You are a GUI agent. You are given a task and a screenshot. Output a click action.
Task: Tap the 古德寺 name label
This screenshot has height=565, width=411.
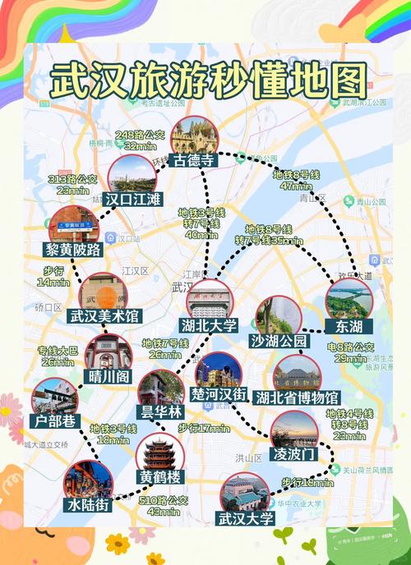click(194, 161)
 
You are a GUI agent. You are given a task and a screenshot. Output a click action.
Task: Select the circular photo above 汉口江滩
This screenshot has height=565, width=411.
click(132, 173)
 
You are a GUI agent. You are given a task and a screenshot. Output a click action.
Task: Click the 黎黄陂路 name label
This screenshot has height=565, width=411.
click(74, 250)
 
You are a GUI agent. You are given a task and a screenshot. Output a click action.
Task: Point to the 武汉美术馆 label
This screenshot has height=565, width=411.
click(104, 316)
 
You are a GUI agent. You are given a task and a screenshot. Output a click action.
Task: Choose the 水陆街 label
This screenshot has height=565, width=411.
click(88, 505)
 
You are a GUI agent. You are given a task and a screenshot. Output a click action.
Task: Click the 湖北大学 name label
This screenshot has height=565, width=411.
click(209, 326)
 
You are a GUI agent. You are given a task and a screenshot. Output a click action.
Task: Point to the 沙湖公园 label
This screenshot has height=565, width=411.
click(279, 341)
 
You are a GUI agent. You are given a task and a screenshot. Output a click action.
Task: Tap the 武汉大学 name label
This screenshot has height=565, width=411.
click(244, 519)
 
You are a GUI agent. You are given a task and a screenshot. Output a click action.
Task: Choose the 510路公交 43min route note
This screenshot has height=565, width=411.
click(165, 505)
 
